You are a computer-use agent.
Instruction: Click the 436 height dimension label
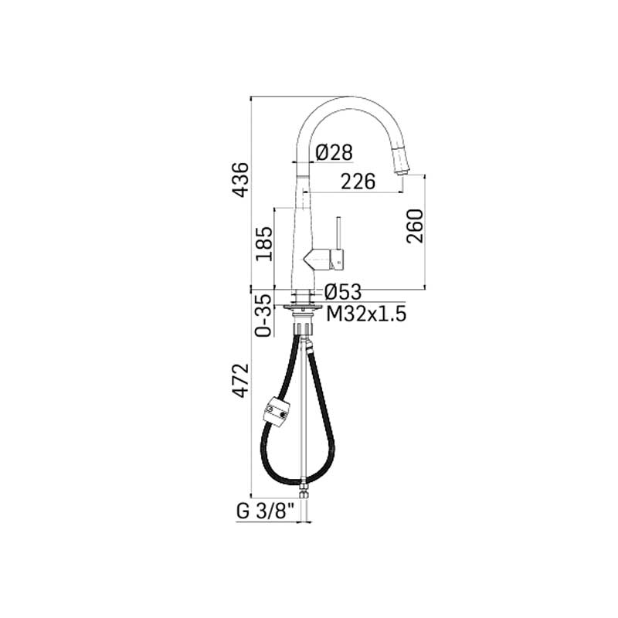click(240, 180)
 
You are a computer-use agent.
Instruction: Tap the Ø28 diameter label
click(334, 152)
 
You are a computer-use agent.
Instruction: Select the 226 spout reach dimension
click(358, 182)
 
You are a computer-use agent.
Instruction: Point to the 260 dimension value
click(415, 226)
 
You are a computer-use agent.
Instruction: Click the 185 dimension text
click(263, 243)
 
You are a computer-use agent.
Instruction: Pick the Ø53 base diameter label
click(343, 292)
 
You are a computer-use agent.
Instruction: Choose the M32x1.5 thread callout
click(366, 314)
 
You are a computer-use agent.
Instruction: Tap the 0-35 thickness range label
click(263, 316)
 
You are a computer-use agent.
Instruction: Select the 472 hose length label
click(240, 380)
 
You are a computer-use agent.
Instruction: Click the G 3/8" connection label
click(266, 511)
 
